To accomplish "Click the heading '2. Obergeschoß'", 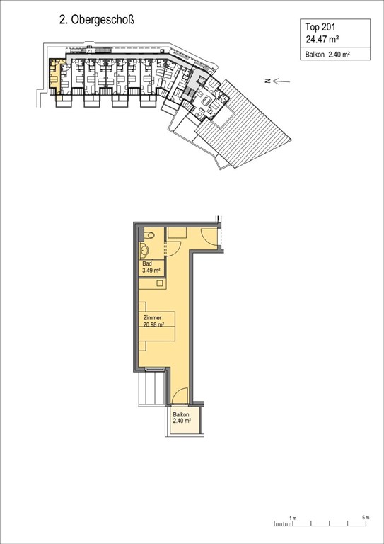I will tap(96, 22).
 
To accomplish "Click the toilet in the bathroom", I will tap(149, 236).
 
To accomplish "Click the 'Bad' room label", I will tap(147, 263).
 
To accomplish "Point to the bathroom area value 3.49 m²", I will tap(151, 271).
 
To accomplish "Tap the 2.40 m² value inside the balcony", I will tap(182, 423).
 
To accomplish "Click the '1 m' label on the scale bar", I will tap(292, 518).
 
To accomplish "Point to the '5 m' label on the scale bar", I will tap(365, 518).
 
